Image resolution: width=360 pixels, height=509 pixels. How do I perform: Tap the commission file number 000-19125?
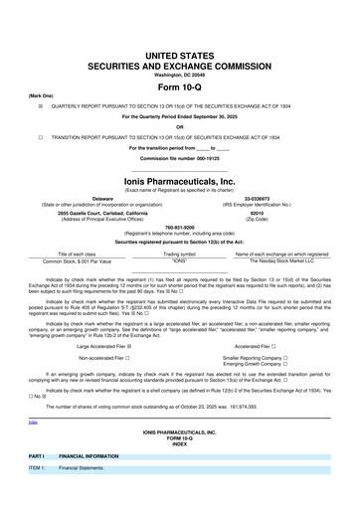(x=180, y=157)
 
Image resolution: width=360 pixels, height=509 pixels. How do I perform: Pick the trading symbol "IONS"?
(x=179, y=260)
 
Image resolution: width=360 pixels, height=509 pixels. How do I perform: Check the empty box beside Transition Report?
(x=41, y=136)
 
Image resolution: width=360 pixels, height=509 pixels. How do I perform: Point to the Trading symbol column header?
(x=179, y=254)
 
